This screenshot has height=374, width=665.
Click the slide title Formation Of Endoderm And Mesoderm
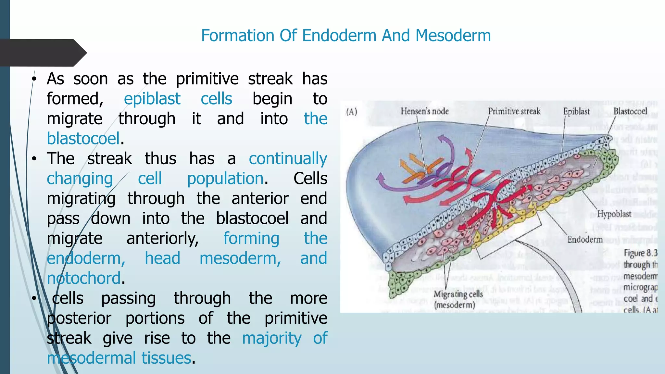(345, 35)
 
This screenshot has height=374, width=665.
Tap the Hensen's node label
(424, 111)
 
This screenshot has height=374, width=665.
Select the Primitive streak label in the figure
(514, 111)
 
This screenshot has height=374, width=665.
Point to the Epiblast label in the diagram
(576, 111)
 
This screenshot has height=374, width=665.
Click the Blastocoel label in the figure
(630, 111)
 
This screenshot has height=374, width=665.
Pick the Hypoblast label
(614, 214)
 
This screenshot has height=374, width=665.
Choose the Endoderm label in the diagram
(585, 240)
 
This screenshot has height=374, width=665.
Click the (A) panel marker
(351, 112)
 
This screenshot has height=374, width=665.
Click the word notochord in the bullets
(84, 278)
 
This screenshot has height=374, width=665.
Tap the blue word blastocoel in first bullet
(83, 139)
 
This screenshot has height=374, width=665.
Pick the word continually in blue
(288, 159)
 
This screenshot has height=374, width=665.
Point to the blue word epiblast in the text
(152, 99)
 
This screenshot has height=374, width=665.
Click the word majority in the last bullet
(272, 338)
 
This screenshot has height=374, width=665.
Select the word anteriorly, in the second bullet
(162, 239)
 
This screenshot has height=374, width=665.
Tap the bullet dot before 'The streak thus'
(34, 159)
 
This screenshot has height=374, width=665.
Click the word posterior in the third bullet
(79, 318)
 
